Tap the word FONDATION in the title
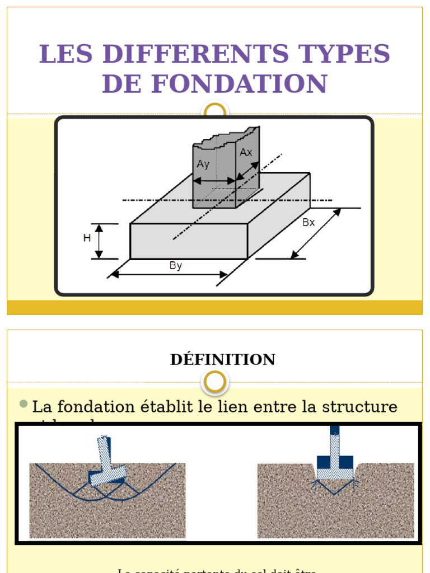(239, 84)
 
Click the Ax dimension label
(246, 152)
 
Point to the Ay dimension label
(203, 164)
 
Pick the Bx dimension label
(309, 222)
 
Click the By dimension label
(176, 266)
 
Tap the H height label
(87, 238)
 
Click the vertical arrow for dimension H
(99, 241)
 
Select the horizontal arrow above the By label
(168, 275)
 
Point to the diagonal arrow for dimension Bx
(316, 234)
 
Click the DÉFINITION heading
(222, 359)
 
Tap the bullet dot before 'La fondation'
(23, 404)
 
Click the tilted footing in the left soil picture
(106, 462)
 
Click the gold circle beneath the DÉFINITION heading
(215, 382)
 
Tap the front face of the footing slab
(189, 241)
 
